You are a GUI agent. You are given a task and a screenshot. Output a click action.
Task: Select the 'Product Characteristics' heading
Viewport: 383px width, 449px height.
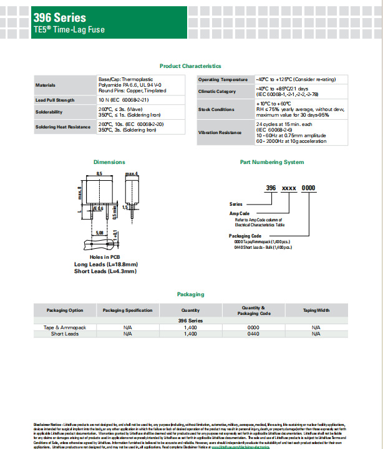click(190, 66)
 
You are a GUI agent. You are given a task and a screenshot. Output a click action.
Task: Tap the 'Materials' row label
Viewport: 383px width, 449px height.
click(46, 85)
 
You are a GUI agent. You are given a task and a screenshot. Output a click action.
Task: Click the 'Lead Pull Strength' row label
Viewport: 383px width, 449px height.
click(55, 100)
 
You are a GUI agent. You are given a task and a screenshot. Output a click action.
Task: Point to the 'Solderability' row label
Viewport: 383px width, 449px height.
click(49, 112)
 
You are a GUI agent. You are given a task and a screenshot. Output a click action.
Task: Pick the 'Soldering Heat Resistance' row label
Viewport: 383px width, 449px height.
click(63, 127)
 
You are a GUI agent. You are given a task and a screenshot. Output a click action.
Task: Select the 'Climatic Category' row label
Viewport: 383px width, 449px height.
click(217, 91)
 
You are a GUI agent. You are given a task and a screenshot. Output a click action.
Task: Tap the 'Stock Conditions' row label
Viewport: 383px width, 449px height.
click(216, 109)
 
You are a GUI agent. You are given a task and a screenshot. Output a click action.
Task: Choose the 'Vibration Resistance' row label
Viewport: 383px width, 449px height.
click(220, 132)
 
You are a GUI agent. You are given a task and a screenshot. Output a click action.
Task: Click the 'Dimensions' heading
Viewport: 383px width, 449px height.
click(109, 162)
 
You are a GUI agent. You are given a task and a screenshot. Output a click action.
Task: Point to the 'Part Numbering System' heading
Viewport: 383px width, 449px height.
click(272, 162)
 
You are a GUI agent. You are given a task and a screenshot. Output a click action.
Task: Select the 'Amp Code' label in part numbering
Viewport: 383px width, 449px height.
click(240, 213)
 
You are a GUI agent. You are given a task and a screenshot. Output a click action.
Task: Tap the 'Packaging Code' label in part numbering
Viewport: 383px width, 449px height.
click(245, 236)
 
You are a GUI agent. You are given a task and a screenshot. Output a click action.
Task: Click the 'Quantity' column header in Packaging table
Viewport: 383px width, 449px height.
click(190, 310)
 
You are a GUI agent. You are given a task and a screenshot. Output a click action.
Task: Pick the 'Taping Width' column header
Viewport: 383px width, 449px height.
click(316, 310)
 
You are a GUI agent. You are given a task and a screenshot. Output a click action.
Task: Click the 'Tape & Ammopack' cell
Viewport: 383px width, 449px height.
click(65, 327)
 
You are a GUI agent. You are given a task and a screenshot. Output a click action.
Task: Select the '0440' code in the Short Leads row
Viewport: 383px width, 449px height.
click(253, 334)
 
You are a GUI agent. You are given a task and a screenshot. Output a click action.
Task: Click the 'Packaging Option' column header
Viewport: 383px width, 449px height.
click(65, 310)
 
